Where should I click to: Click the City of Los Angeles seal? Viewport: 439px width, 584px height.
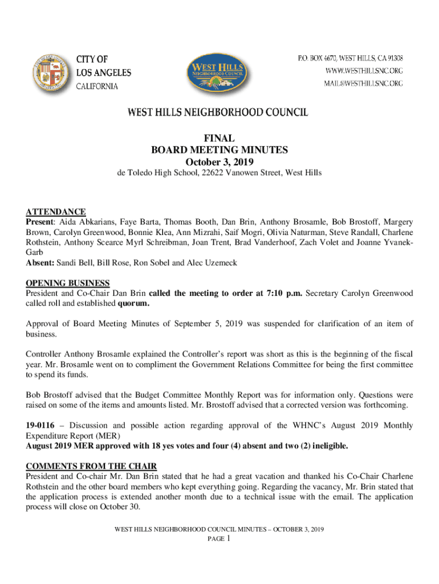tap(49, 72)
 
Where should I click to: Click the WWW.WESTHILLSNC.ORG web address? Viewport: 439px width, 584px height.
tap(364, 71)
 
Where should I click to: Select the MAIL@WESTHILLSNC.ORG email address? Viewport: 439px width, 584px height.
tap(364, 83)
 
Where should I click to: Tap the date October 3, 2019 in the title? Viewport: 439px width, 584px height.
tap(219, 161)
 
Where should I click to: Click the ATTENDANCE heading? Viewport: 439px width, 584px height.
tap(56, 212)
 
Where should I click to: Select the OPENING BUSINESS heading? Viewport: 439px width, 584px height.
tap(68, 283)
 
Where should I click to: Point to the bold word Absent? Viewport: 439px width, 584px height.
tap(39, 263)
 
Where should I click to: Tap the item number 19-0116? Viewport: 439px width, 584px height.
tap(40, 425)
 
